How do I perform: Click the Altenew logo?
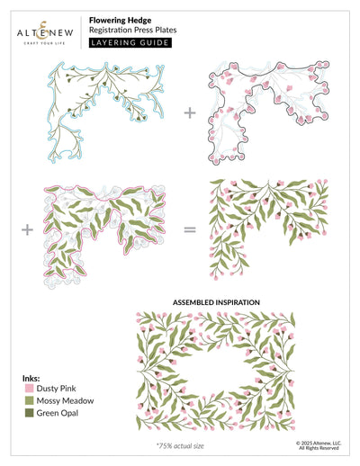pos(45,33)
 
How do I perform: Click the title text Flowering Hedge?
pos(120,21)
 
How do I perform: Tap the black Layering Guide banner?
pos(130,42)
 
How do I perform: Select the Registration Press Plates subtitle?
pos(132,30)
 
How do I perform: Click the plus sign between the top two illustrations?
pos(190,113)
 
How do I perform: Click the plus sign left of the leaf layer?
pos(27,230)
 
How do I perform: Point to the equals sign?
pos(190,230)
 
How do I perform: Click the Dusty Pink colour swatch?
pos(29,389)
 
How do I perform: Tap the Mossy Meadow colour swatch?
pos(29,400)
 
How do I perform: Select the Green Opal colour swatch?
pos(29,413)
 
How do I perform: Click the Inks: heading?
pos(31,378)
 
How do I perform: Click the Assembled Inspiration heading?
pos(216,302)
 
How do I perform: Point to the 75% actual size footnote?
pos(180,446)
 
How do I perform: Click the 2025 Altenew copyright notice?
pos(319,445)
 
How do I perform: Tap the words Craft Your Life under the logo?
pos(44,43)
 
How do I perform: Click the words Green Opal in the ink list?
pos(58,413)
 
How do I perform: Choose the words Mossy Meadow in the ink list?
pos(65,400)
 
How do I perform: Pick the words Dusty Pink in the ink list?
pos(56,389)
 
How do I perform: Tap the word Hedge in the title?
pos(139,21)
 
